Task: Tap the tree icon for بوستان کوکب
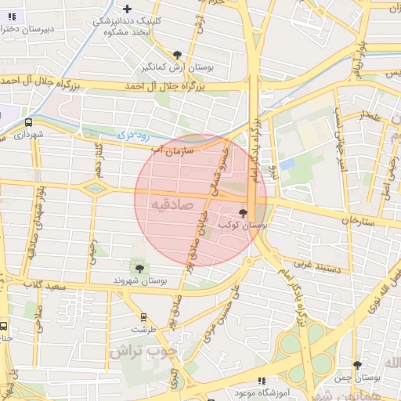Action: (242, 212)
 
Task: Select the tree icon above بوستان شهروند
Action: (139, 268)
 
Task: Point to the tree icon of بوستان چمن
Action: (357, 365)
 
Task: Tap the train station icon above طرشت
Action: (143, 318)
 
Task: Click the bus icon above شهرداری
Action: (29, 123)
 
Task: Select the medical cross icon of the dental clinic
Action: (128, 9)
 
